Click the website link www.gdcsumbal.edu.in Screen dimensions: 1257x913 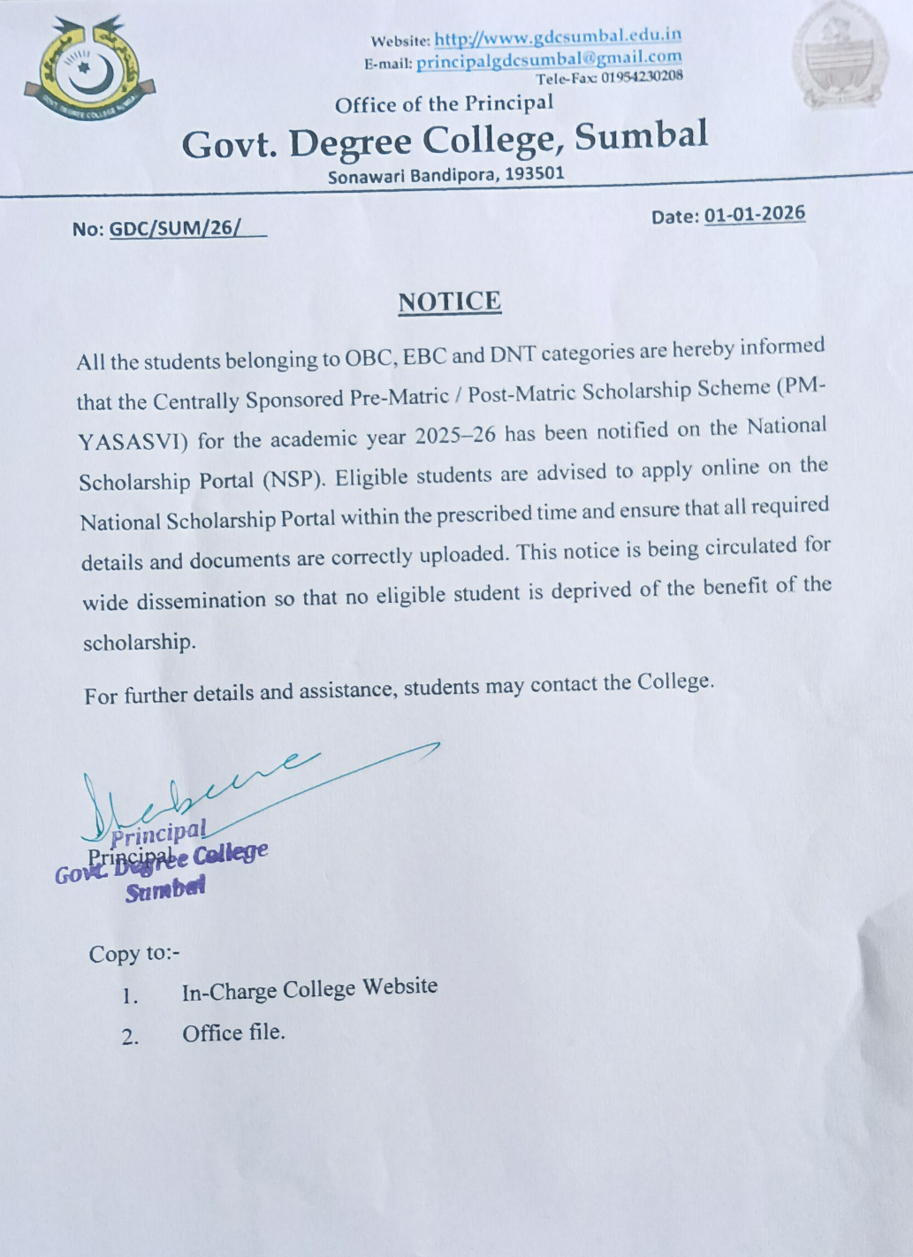(558, 37)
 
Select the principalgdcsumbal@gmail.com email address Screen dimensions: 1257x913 (549, 60)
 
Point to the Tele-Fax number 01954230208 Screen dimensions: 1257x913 (643, 77)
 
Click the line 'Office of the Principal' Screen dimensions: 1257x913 (444, 104)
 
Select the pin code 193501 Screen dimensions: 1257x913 (534, 173)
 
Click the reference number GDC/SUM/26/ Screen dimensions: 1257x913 (175, 228)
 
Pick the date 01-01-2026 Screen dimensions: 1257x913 (754, 214)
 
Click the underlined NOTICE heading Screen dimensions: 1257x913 (449, 302)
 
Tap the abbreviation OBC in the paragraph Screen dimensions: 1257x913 (369, 357)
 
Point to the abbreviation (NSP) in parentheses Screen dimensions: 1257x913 (294, 480)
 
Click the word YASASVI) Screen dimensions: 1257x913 (133, 441)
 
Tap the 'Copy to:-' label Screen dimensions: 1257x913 (134, 954)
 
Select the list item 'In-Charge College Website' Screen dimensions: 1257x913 (309, 989)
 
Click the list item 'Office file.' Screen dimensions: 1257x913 (233, 1033)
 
